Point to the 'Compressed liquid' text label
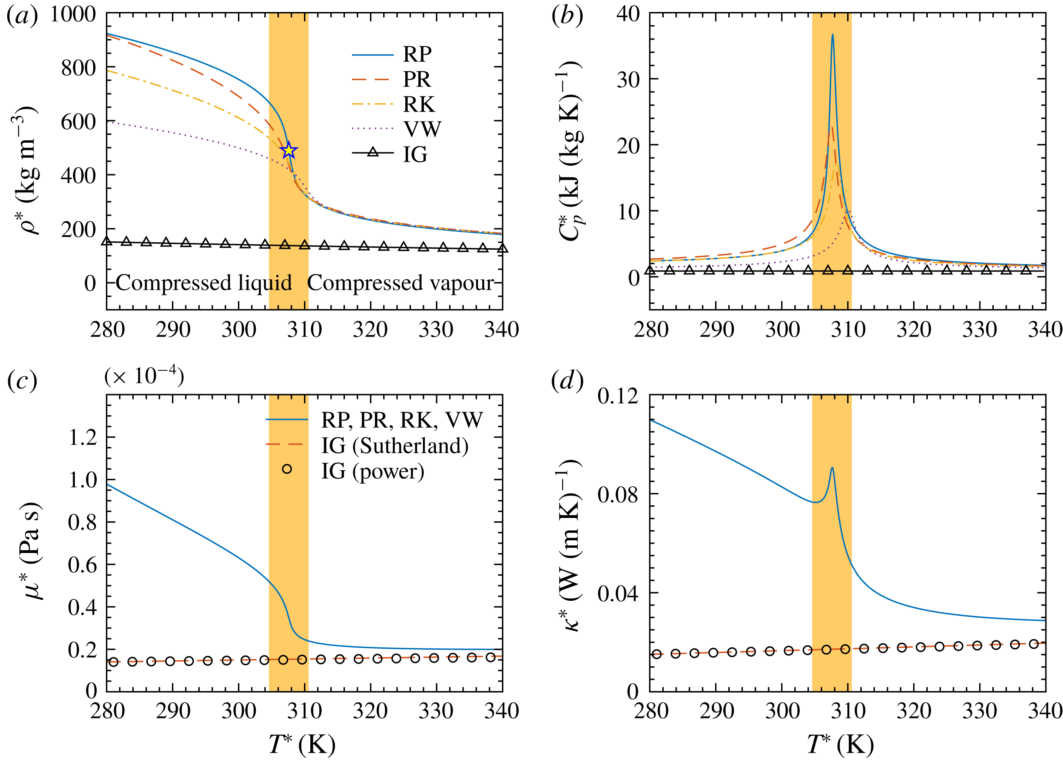click(x=204, y=283)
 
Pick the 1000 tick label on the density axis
click(x=73, y=14)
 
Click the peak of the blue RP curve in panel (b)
click(x=832, y=35)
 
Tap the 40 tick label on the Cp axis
click(x=628, y=14)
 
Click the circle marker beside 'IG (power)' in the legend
click(x=287, y=469)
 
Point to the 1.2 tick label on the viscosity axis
click(x=83, y=437)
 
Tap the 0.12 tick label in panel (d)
click(x=617, y=397)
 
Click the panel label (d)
click(x=567, y=381)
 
